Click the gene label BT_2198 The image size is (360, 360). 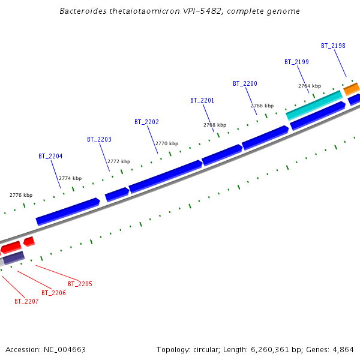click(333, 46)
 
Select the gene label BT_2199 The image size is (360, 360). click(296, 62)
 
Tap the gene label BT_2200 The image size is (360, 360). click(245, 83)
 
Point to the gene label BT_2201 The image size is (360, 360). click(202, 100)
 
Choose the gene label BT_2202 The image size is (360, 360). click(146, 122)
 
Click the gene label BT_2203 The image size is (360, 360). click(99, 139)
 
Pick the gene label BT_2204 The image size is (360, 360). click(50, 156)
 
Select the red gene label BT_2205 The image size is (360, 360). click(80, 284)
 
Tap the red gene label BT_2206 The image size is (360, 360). click(53, 293)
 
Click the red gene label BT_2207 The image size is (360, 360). click(26, 301)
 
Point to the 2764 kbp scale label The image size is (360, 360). click(310, 86)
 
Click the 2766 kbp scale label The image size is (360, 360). click(262, 106)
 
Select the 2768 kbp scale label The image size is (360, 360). click(215, 125)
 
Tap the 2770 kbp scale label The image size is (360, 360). click(167, 143)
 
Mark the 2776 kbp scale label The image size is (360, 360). click(21, 195)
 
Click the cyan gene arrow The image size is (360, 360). click(314, 104)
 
